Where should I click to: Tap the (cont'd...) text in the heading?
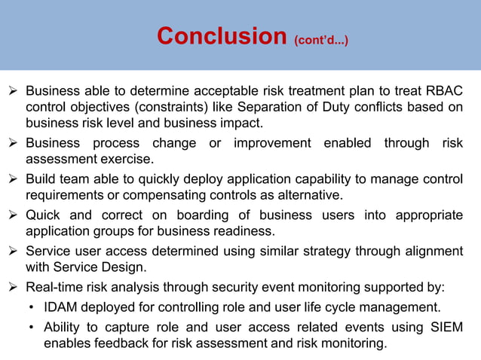point(322,38)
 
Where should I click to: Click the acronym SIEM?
point(446,328)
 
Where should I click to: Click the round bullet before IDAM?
point(30,308)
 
